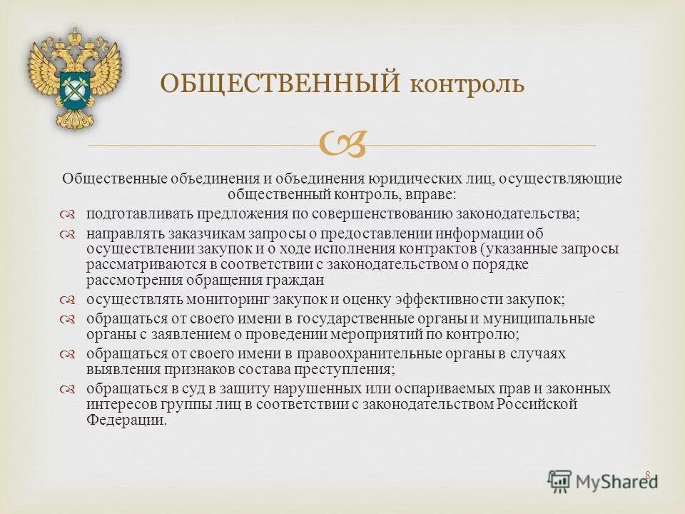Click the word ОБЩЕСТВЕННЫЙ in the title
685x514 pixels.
[278, 84]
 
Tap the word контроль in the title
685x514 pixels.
[467, 85]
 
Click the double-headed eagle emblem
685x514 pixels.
[74, 79]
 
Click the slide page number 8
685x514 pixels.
[648, 475]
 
